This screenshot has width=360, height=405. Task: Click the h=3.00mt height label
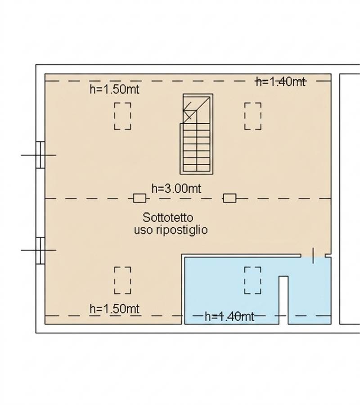(x=176, y=189)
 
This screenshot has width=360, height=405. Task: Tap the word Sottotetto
(x=168, y=217)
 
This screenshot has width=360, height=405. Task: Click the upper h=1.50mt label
(x=114, y=90)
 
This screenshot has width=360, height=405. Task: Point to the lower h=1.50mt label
(x=114, y=309)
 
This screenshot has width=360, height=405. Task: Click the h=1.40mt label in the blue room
(x=229, y=316)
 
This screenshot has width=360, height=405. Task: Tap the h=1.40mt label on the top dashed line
(x=281, y=81)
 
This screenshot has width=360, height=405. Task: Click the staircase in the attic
(x=197, y=134)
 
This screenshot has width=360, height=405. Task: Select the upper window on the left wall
(x=40, y=155)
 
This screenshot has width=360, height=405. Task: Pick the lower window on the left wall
(x=40, y=251)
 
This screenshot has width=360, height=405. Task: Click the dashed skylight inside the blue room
(x=253, y=280)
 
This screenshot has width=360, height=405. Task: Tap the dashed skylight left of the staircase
(x=123, y=116)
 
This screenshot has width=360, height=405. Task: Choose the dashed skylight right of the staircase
(x=253, y=116)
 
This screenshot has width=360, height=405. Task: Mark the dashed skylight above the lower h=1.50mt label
(x=123, y=280)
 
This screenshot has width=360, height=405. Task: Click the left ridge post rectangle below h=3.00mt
(x=139, y=198)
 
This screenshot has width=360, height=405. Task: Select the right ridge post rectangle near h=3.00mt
(x=229, y=198)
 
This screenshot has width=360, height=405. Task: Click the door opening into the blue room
(x=313, y=256)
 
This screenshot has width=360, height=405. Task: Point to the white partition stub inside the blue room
(x=283, y=300)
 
